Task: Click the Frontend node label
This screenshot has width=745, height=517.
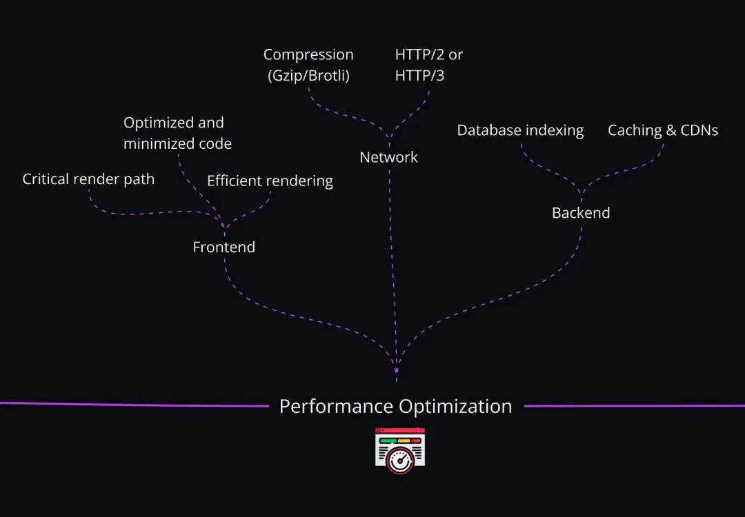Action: (x=223, y=247)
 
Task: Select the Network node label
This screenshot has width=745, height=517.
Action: (x=388, y=157)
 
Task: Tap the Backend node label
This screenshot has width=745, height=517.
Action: (x=581, y=213)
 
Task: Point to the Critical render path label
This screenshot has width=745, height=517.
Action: (x=88, y=179)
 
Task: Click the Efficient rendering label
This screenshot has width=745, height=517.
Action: (x=270, y=181)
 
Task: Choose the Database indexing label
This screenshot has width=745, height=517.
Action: (x=520, y=130)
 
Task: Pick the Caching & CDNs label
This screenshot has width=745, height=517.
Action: (x=663, y=130)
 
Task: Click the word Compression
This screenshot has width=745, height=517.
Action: (x=308, y=54)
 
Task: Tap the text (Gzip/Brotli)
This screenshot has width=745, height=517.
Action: (x=308, y=76)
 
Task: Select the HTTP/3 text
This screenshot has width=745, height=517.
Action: (x=419, y=76)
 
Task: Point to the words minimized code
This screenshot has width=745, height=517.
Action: (x=178, y=144)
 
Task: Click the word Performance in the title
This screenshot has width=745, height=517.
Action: (x=337, y=407)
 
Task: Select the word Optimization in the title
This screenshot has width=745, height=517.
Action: (x=455, y=407)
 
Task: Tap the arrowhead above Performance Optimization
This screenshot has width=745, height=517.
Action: (x=396, y=370)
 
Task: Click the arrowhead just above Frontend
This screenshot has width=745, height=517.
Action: (x=223, y=225)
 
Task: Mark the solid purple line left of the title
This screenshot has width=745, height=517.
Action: (x=135, y=405)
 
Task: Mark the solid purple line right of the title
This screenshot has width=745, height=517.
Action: (x=635, y=406)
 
